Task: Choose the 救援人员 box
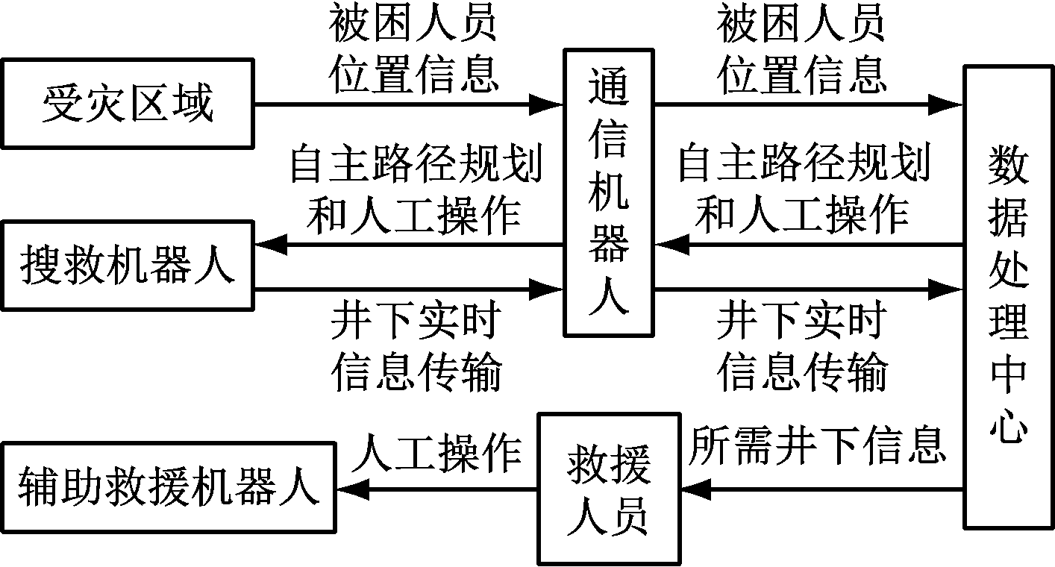(608, 489)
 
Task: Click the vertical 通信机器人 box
(609, 192)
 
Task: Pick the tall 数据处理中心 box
(1008, 296)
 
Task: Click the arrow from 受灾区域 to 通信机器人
(407, 104)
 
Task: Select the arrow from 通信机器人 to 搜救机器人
(407, 245)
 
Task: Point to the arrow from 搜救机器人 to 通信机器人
(407, 287)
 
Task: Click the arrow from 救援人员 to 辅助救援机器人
(436, 490)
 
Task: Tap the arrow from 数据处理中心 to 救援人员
(821, 490)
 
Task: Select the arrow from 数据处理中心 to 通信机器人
(809, 245)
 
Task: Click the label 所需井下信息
(816, 445)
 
